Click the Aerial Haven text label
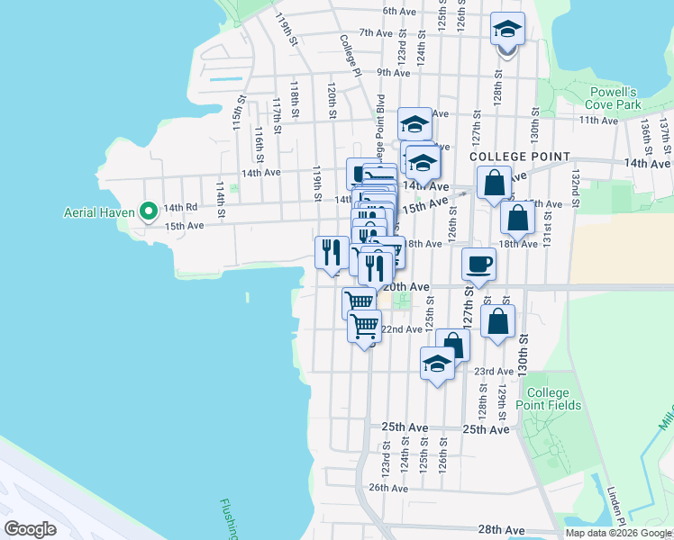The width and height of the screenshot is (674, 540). click(99, 213)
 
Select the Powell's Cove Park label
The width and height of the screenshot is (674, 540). click(614, 98)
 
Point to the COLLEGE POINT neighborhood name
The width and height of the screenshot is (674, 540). click(520, 157)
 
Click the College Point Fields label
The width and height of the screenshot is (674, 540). click(548, 399)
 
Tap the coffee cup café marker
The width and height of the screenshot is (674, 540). click(478, 265)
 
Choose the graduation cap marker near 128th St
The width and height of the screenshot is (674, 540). click(507, 31)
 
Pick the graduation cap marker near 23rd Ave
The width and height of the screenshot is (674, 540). click(437, 364)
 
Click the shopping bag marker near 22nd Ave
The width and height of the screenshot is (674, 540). click(497, 321)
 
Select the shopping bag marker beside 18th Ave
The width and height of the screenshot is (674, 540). click(517, 217)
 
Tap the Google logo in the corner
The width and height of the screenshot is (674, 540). click(30, 529)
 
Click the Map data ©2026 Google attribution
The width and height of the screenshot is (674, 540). click(618, 533)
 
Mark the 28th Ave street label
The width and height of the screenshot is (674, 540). click(501, 530)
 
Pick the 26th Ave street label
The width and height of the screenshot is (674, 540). click(389, 488)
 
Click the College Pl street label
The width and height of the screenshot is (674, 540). click(351, 55)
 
